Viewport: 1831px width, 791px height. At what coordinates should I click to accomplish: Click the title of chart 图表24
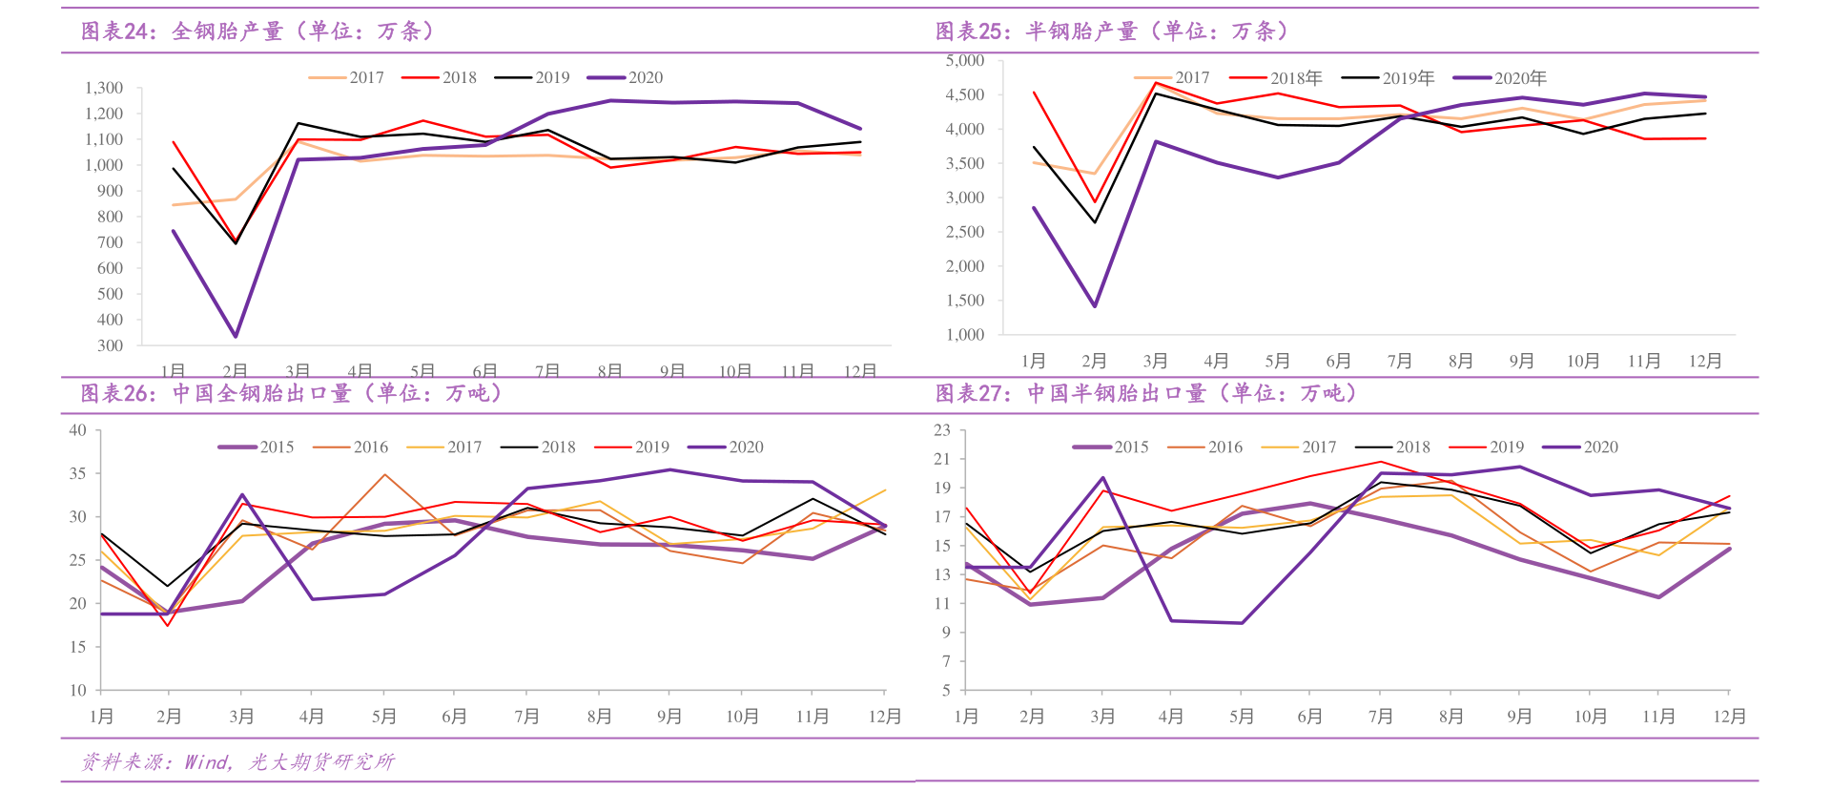point(257,31)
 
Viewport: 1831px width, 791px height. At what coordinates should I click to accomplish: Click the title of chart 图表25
point(1112,31)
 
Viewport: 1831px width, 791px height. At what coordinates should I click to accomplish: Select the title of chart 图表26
point(291,393)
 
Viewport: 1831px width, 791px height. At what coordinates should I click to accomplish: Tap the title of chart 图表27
point(1145,393)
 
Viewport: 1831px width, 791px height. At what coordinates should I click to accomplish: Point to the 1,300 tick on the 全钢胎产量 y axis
point(104,88)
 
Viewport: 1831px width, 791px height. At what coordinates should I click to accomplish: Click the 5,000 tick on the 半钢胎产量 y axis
point(965,60)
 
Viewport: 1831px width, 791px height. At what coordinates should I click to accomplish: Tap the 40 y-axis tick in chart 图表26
point(78,430)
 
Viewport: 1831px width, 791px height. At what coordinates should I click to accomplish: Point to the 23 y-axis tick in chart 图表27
point(942,430)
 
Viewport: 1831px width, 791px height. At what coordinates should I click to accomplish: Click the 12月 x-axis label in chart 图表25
point(1705,362)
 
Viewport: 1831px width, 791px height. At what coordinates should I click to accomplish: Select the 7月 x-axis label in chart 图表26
point(526,717)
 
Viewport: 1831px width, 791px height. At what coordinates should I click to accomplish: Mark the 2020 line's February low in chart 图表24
point(235,336)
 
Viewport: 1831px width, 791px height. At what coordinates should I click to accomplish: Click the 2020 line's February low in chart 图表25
point(1095,306)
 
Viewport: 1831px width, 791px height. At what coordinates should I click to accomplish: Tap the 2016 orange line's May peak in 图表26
point(384,474)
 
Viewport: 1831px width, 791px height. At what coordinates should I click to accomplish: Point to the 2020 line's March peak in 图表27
point(1102,478)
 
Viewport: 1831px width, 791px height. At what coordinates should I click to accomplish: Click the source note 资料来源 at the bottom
point(238,761)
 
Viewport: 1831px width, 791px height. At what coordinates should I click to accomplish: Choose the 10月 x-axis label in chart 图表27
point(1590,717)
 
